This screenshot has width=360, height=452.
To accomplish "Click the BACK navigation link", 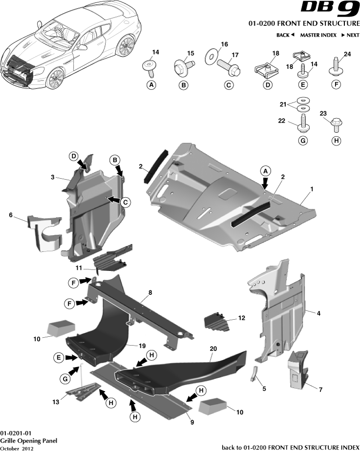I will (x=285, y=35).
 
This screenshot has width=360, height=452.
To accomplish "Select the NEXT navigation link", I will (x=350, y=35).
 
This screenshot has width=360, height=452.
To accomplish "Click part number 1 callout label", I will (x=311, y=188).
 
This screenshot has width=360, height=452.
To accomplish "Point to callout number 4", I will (x=318, y=313).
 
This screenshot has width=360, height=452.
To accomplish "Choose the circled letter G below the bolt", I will (x=303, y=141).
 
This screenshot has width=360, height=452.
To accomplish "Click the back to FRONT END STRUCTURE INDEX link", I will (x=291, y=447).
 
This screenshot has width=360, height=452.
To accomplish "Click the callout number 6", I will (x=11, y=214).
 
